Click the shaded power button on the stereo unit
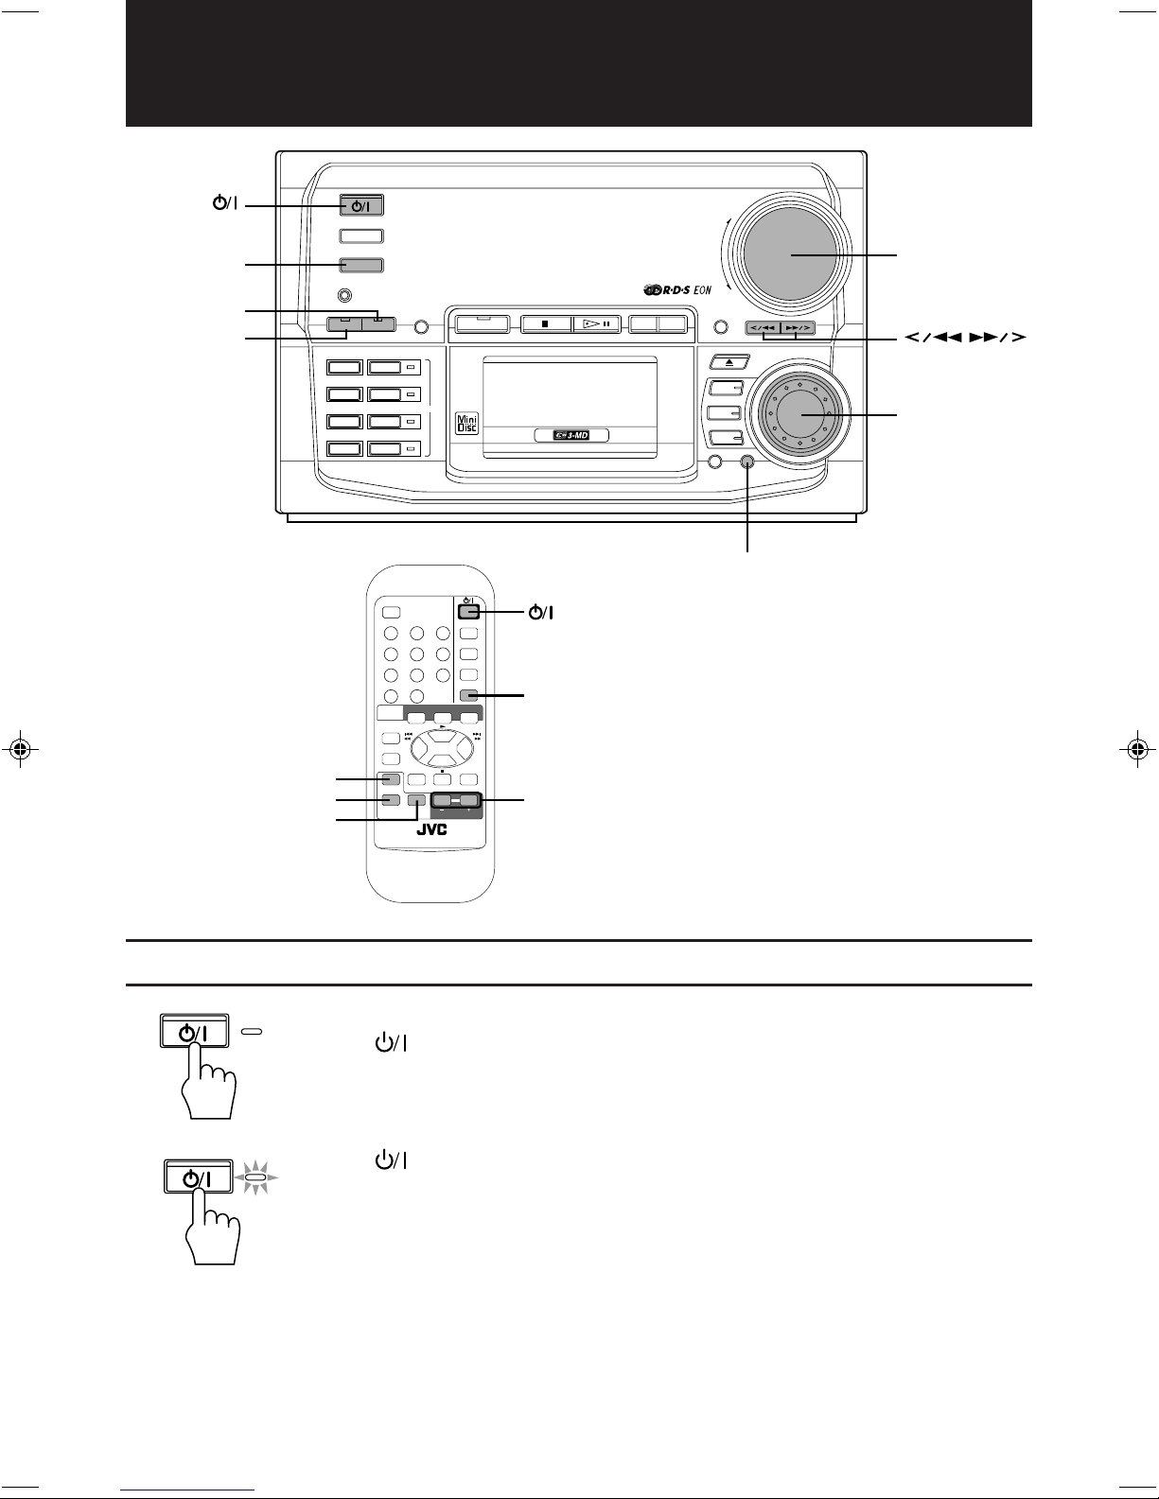click(x=361, y=205)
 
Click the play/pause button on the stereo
click(x=597, y=323)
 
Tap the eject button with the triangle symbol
click(x=729, y=362)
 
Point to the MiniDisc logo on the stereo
click(x=467, y=423)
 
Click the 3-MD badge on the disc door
click(x=571, y=435)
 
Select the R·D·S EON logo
click(x=677, y=289)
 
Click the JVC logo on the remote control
click(x=431, y=829)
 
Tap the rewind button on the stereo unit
click(x=763, y=327)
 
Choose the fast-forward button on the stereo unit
click(x=798, y=327)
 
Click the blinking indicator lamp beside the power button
click(x=256, y=1178)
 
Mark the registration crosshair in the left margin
click(x=21, y=748)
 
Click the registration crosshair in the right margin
click(x=1137, y=748)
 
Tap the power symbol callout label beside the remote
click(x=541, y=612)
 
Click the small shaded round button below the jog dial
click(x=747, y=462)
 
